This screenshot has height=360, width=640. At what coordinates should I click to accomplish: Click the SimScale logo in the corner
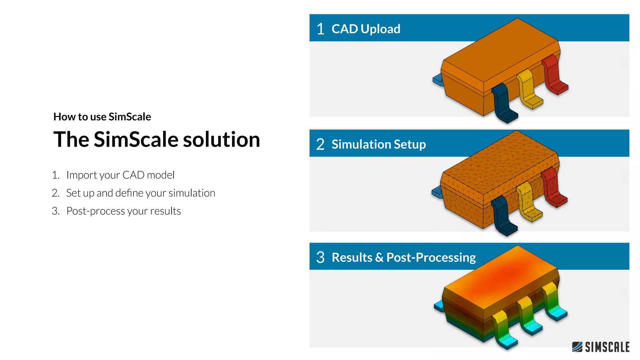pos(601,347)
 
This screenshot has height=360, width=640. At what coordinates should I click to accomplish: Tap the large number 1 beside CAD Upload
pos(320,29)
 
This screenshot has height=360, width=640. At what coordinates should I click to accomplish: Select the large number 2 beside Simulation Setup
pos(320,144)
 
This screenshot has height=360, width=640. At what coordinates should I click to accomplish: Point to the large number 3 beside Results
pos(320,257)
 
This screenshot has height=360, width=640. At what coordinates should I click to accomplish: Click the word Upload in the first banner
pos(380,29)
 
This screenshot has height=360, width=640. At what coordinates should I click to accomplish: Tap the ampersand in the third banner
pos(379,257)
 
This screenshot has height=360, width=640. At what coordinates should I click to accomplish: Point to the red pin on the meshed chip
pos(553,187)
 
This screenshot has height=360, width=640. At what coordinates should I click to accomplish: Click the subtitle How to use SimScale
pos(102,117)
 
